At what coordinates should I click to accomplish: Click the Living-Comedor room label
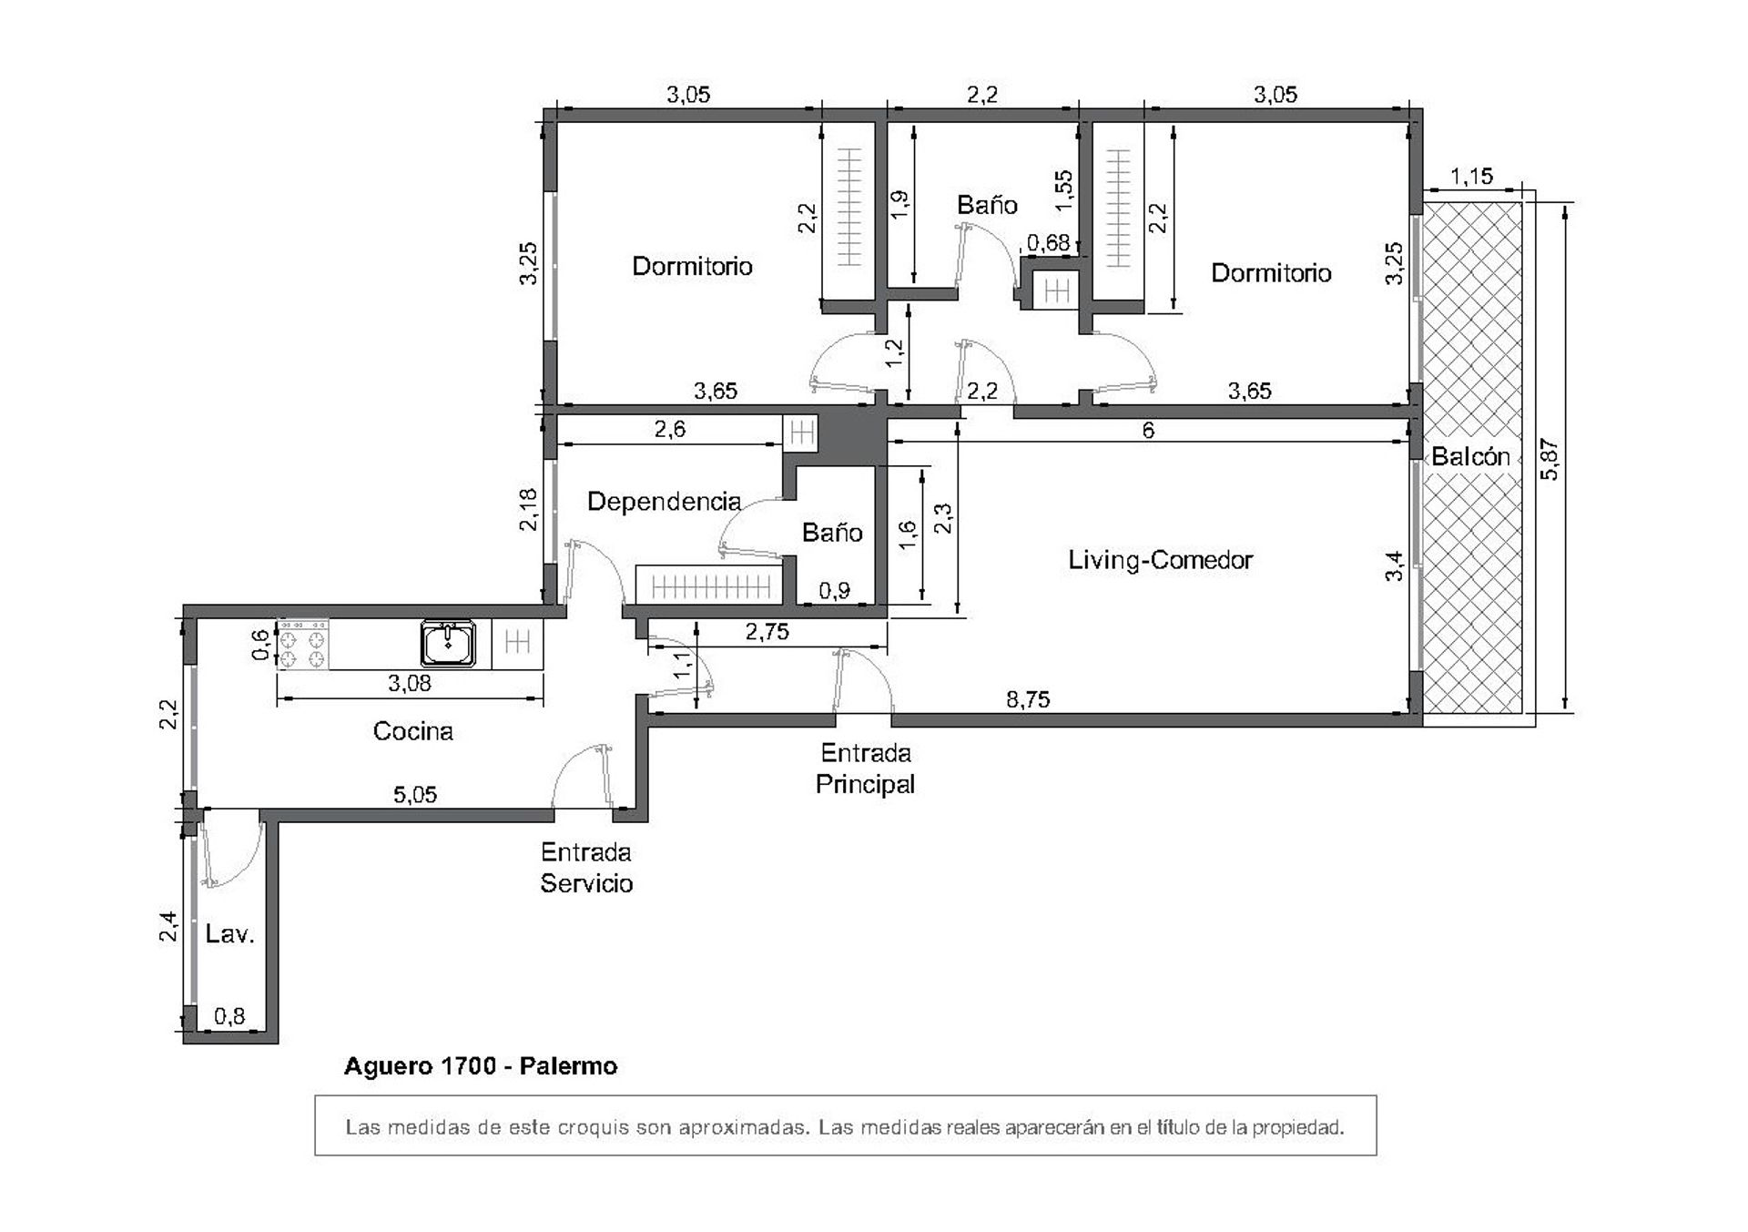(x=1160, y=560)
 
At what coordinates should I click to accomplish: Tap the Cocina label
(x=412, y=731)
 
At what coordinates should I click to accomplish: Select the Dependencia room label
(x=664, y=502)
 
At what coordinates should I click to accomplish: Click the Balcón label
(x=1470, y=456)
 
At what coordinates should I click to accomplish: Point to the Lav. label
(x=229, y=933)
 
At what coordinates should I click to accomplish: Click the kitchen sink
(x=447, y=644)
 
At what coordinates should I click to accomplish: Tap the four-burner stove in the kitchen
(x=302, y=645)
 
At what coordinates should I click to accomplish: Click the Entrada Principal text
(x=865, y=769)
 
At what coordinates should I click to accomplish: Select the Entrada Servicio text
(x=586, y=868)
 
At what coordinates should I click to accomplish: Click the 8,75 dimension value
(x=1028, y=699)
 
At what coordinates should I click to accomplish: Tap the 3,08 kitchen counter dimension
(x=410, y=683)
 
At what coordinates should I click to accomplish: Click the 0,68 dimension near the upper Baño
(x=1049, y=242)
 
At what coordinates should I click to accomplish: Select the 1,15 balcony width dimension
(x=1471, y=176)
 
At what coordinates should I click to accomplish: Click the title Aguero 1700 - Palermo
(x=481, y=1066)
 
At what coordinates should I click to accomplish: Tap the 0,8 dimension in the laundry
(x=229, y=1015)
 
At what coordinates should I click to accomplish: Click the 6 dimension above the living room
(x=1148, y=430)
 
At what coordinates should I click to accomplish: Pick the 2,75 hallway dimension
(x=767, y=632)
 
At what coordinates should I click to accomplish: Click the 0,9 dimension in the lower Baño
(x=834, y=591)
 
